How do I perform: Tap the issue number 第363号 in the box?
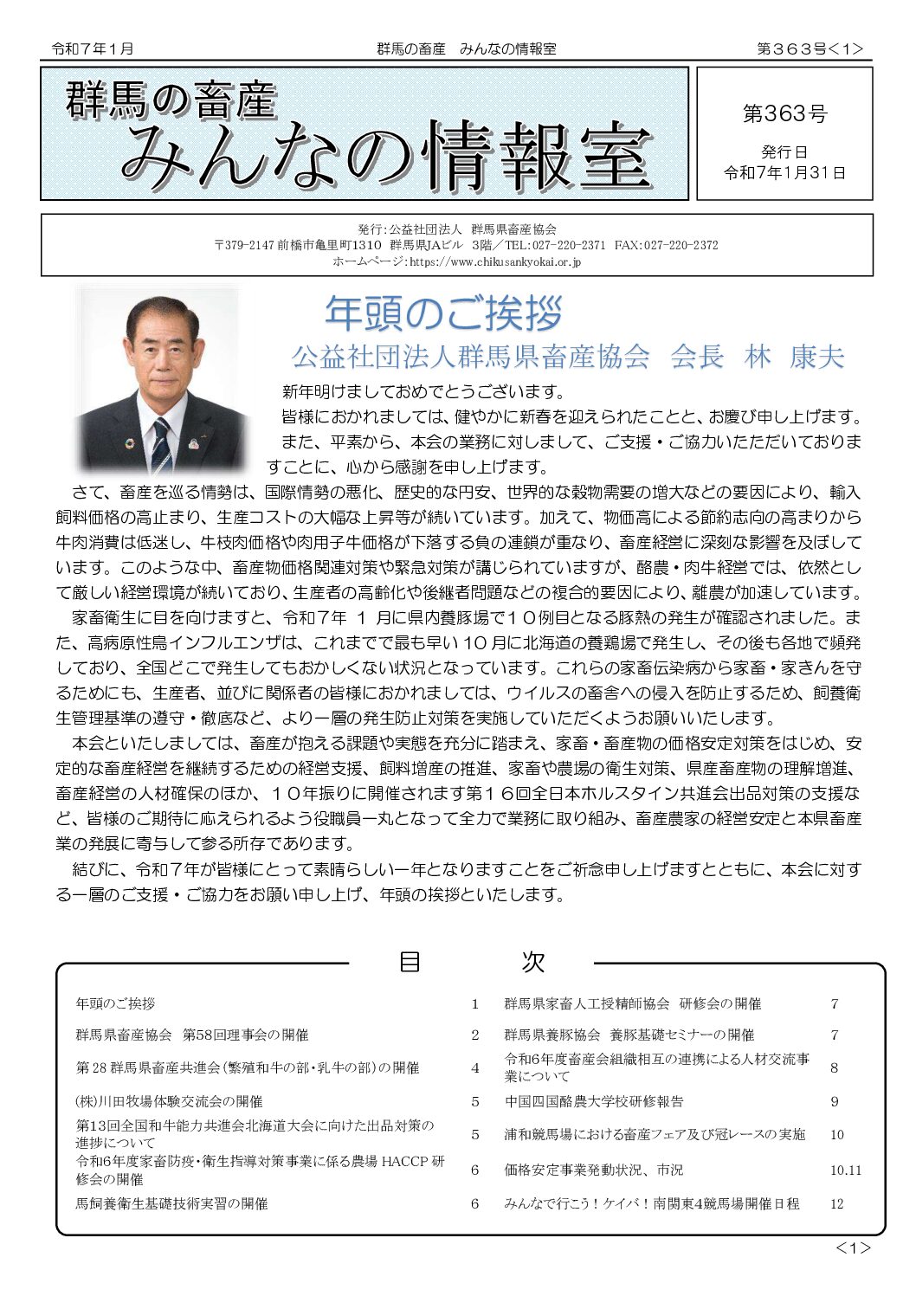784,113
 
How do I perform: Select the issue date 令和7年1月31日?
784,173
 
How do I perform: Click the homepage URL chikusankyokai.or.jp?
494,261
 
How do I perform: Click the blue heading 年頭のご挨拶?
443,313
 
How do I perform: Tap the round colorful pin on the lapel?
130,444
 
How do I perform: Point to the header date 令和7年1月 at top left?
93,49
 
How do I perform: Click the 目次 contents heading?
471,962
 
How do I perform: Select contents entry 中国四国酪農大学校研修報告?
594,1101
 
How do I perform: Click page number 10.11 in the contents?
845,1170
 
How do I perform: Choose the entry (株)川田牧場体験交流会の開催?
169,1101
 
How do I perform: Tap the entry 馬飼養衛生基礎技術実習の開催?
171,1203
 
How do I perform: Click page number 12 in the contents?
836,1203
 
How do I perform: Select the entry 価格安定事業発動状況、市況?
594,1170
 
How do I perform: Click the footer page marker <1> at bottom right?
853,1248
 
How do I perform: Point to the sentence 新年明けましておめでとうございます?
423,391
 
